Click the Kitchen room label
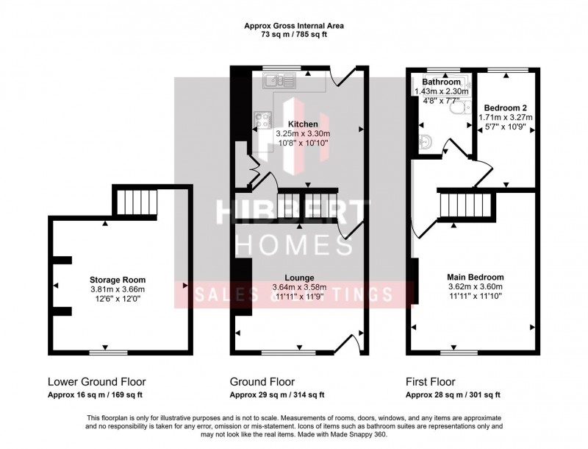pos(303,124)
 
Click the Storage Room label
pos(118,280)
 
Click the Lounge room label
pos(303,276)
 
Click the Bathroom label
pos(442,82)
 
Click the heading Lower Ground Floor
pos(96,382)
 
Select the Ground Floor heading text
pos(262,382)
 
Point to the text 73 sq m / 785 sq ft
pos(294,34)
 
